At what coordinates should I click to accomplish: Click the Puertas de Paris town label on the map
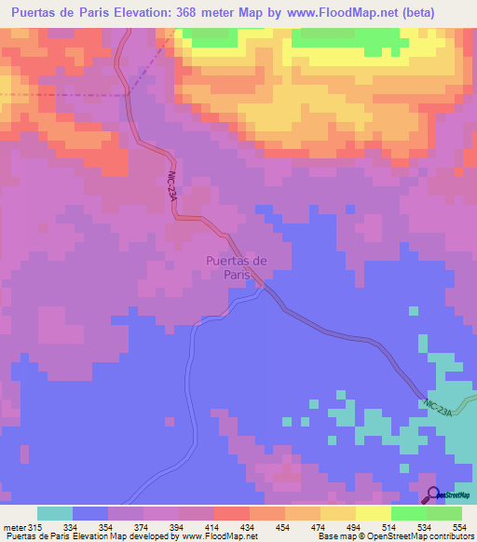pyautogui.click(x=236, y=268)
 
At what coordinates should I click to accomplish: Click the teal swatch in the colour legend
pyautogui.click(x=55, y=513)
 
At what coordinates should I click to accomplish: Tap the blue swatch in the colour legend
pyautogui.click(x=90, y=513)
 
